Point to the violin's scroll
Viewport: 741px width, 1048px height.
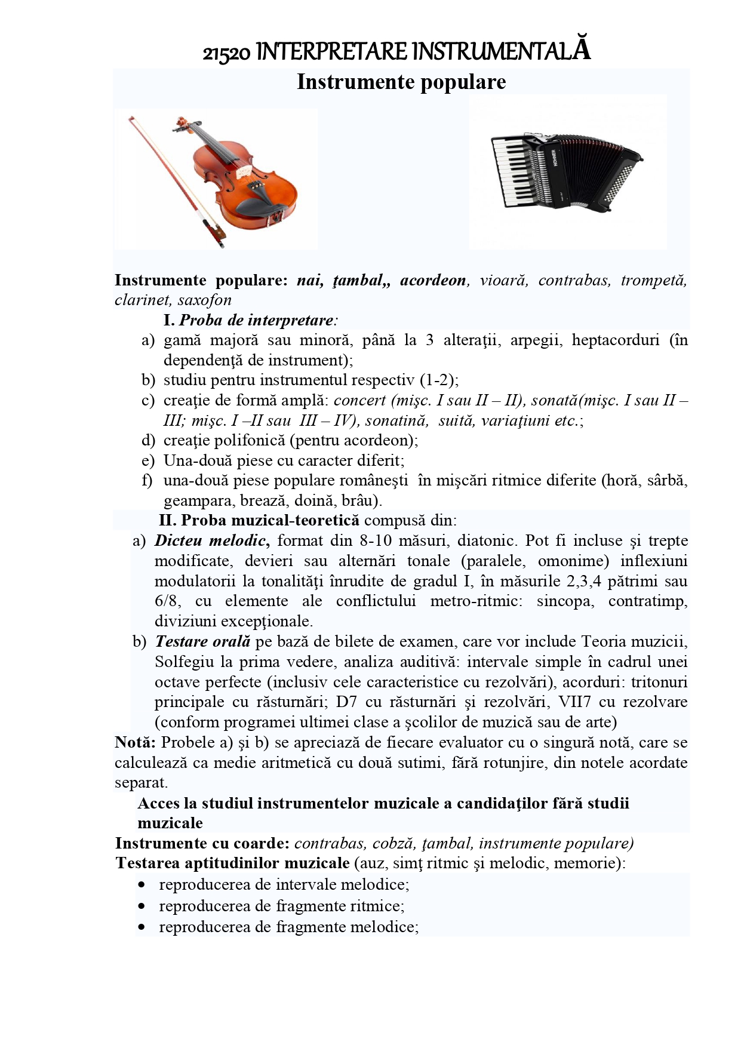click(x=179, y=124)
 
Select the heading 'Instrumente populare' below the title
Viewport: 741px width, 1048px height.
click(x=401, y=82)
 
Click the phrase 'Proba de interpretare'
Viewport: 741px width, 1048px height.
click(x=256, y=320)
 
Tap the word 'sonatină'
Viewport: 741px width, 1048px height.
click(x=396, y=420)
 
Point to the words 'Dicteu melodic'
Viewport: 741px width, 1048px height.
click(x=211, y=540)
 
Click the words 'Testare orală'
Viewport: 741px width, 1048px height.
click(x=202, y=641)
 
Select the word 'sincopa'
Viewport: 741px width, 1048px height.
click(x=565, y=601)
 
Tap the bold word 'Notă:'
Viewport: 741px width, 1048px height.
click(x=136, y=742)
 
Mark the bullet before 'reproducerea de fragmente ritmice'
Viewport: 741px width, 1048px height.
click(x=141, y=906)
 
